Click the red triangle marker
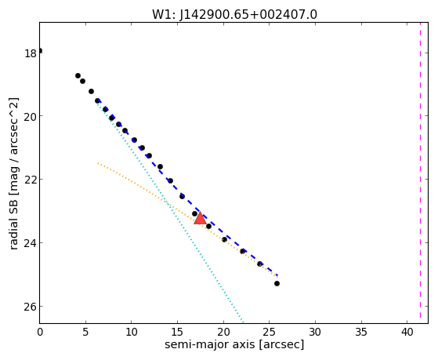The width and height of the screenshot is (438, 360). (x=200, y=219)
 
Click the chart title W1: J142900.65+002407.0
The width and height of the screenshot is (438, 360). (x=234, y=14)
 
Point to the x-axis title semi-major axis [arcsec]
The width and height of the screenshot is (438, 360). (x=234, y=344)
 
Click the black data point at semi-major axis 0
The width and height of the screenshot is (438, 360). (x=40, y=51)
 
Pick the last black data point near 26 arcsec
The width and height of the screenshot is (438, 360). (x=277, y=284)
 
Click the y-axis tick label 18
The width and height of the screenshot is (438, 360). (x=31, y=53)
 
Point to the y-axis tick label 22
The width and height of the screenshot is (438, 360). (x=31, y=180)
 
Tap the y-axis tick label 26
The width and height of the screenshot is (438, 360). (x=31, y=307)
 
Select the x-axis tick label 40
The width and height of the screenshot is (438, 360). (x=407, y=332)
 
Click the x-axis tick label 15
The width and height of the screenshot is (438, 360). (x=177, y=332)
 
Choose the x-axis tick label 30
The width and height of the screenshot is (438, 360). (x=315, y=332)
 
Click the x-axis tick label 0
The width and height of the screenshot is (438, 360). (x=40, y=332)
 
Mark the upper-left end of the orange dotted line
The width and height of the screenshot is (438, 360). (x=98, y=163)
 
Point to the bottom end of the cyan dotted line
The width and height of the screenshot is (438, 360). (x=244, y=322)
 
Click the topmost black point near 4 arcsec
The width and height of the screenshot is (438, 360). (x=78, y=76)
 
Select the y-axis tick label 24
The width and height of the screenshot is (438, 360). (x=31, y=243)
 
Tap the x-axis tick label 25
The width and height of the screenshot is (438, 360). (x=269, y=332)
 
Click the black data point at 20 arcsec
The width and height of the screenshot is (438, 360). (x=224, y=239)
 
